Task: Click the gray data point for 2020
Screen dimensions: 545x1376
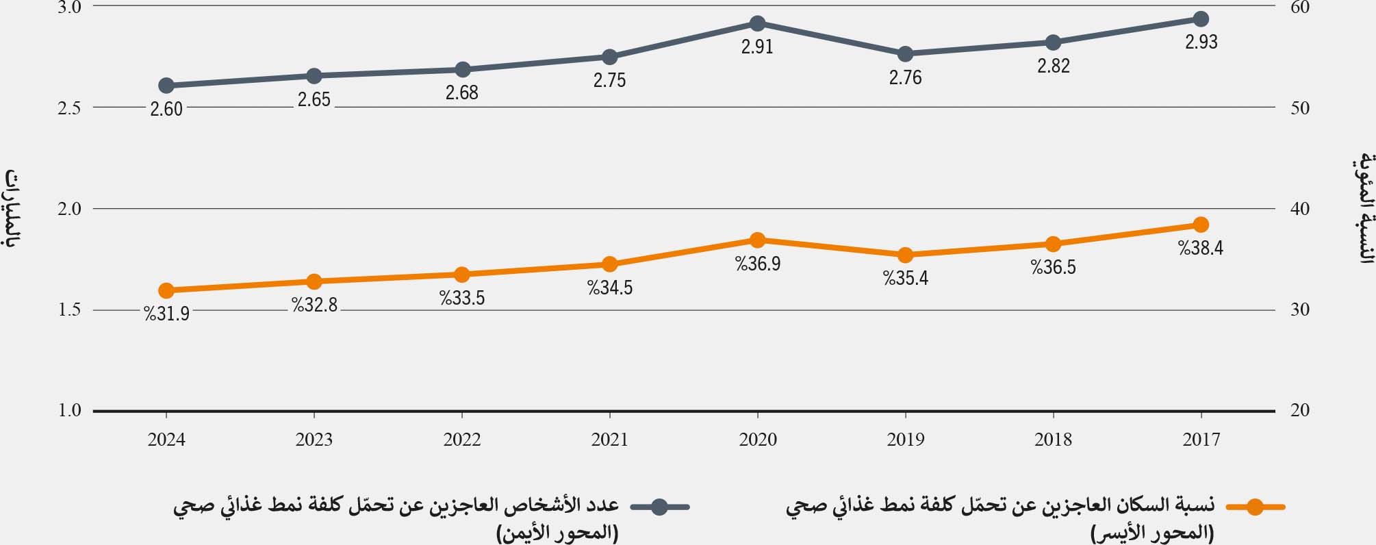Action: pos(757,24)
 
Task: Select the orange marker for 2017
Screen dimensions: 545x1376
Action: pos(1201,225)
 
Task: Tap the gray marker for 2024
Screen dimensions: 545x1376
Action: pos(166,86)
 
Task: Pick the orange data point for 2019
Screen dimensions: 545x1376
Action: pos(905,255)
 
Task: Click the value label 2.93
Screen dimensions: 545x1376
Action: pos(1201,42)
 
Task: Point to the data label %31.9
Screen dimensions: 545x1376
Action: pos(166,314)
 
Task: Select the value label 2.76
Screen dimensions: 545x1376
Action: pos(905,78)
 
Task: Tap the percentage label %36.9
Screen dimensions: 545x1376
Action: pos(758,264)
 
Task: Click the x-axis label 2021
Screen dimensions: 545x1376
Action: pos(609,440)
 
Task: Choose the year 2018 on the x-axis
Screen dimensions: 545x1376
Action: pos(1053,440)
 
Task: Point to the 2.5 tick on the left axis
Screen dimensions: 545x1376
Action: pos(68,107)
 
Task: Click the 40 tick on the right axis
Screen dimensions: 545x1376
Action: pos(1299,209)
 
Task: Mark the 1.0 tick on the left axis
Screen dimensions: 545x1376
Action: pos(68,411)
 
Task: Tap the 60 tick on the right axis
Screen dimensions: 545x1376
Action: pos(1299,8)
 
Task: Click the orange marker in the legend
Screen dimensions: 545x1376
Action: pos(1255,507)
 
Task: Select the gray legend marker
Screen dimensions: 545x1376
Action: pos(659,507)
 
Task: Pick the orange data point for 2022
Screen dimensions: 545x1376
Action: pos(462,275)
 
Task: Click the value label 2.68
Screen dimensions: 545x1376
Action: pos(462,93)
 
